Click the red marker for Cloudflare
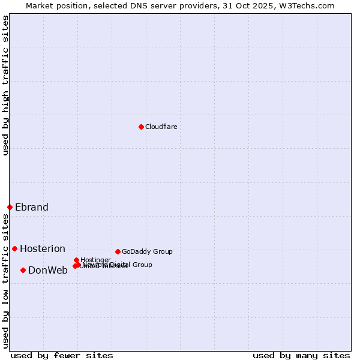click(141, 127)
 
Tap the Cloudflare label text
click(161, 127)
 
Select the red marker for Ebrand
click(10, 207)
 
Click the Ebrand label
click(32, 207)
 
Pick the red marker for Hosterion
click(14, 248)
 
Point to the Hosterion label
click(43, 248)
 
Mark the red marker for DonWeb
click(23, 270)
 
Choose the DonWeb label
click(48, 270)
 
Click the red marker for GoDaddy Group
click(118, 251)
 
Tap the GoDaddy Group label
click(147, 251)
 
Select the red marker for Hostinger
click(76, 260)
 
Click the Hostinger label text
click(95, 260)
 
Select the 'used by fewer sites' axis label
click(62, 355)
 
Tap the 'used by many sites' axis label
click(301, 355)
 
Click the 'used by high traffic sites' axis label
click(5, 85)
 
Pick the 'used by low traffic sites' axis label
click(5, 281)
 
